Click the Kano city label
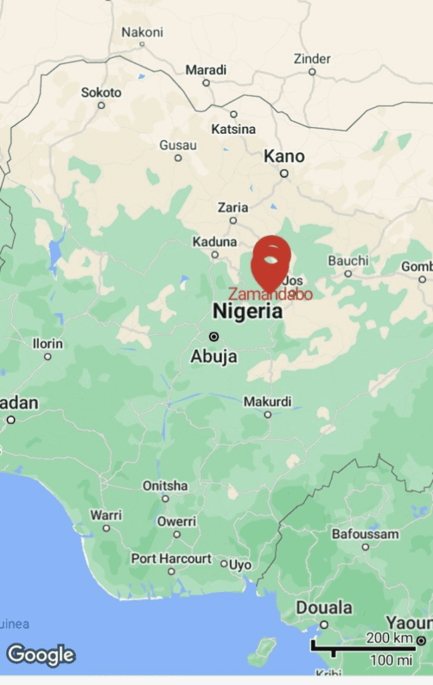pyautogui.click(x=284, y=157)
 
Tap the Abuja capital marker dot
pyautogui.click(x=214, y=336)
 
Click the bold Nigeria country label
pyautogui.click(x=247, y=311)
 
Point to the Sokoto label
pyautogui.click(x=102, y=93)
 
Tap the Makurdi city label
pyautogui.click(x=267, y=402)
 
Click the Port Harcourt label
pyautogui.click(x=171, y=559)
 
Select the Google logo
pyautogui.click(x=41, y=655)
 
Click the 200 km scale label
pyautogui.click(x=390, y=638)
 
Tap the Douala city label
pyautogui.click(x=324, y=608)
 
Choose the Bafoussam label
pyautogui.click(x=366, y=534)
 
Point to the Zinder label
pyautogui.click(x=312, y=59)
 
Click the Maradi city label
pyautogui.click(x=206, y=70)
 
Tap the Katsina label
pyautogui.click(x=234, y=129)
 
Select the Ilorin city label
pyautogui.click(x=48, y=344)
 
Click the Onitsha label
pyautogui.click(x=165, y=486)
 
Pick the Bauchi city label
pyautogui.click(x=348, y=261)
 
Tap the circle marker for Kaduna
pyautogui.click(x=215, y=254)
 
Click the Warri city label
pyautogui.click(x=106, y=515)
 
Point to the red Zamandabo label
pyautogui.click(x=270, y=294)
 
